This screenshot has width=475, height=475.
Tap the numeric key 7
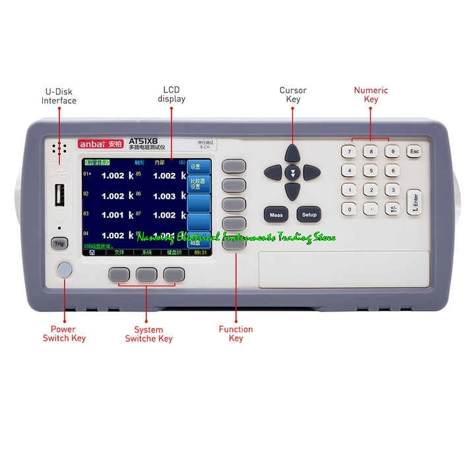pyautogui.click(x=350, y=152)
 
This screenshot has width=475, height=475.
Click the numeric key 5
pyautogui.click(x=371, y=171)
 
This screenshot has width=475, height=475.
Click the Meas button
pyautogui.click(x=276, y=214)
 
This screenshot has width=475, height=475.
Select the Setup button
pyautogui.click(x=309, y=214)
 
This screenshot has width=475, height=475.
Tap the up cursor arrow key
pyautogui.click(x=292, y=154)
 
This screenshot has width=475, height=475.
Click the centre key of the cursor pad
pyautogui.click(x=292, y=173)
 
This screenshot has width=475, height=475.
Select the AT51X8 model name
pyautogui.click(x=142, y=141)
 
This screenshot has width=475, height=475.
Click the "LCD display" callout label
pyautogui.click(x=171, y=94)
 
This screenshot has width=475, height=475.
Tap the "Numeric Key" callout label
pyautogui.click(x=371, y=94)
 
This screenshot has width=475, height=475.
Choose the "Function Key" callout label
pyautogui.click(x=236, y=334)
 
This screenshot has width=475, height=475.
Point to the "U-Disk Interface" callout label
pyautogui.click(x=59, y=96)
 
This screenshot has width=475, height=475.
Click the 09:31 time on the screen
pyautogui.click(x=201, y=253)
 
